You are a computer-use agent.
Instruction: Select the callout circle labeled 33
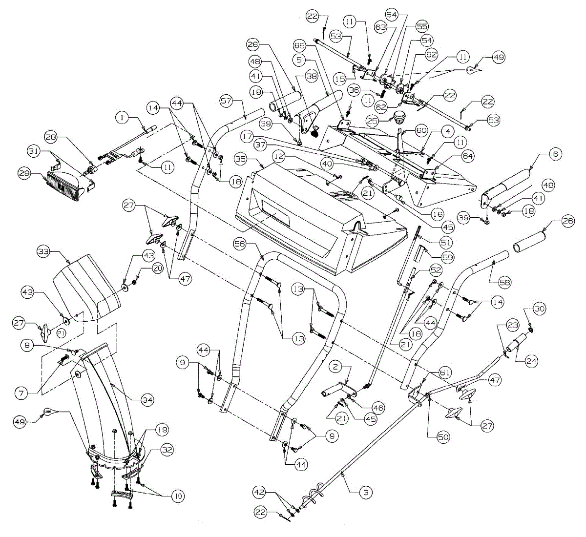click(44, 252)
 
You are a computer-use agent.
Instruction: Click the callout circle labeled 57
click(226, 101)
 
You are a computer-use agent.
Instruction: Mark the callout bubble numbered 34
click(147, 400)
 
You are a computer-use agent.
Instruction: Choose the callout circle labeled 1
click(122, 117)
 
